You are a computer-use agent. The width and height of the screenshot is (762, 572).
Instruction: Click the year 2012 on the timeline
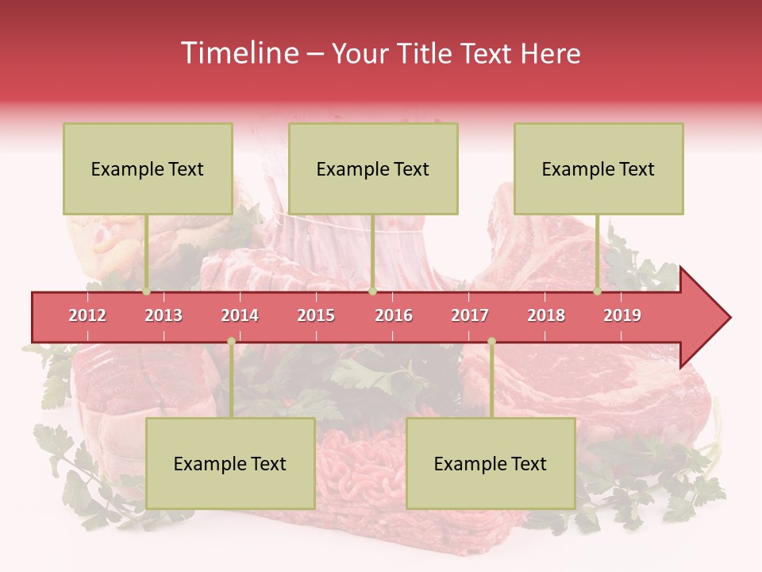pos(87,315)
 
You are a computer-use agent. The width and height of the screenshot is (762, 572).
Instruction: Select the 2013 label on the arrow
pos(164,315)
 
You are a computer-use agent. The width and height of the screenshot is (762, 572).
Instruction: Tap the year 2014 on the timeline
pos(240,315)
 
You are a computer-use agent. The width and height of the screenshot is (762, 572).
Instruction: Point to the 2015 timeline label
pos(316,315)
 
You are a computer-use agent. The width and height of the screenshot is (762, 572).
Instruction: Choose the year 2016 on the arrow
pos(394,315)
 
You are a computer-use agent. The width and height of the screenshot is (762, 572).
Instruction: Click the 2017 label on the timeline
pos(470,315)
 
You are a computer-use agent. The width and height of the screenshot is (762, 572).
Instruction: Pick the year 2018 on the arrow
pos(546,315)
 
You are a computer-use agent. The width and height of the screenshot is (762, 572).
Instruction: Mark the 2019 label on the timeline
pos(622,315)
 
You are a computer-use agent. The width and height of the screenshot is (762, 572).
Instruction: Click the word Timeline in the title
pos(238,53)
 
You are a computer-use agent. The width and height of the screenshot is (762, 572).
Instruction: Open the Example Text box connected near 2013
pos(148,169)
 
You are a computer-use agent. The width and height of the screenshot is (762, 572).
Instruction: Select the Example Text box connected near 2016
pos(373,169)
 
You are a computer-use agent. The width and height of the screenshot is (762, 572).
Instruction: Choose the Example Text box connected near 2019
pos(598,169)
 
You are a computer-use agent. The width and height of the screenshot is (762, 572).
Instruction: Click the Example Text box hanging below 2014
pos(230,463)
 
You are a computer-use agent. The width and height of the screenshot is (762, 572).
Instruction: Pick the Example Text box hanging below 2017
pos(491,463)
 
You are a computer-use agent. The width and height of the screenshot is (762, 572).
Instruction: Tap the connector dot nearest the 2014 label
pos(231,341)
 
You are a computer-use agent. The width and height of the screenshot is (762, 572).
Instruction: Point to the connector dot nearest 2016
pos(372,292)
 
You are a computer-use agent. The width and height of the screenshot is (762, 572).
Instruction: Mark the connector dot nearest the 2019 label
pos(598,292)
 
